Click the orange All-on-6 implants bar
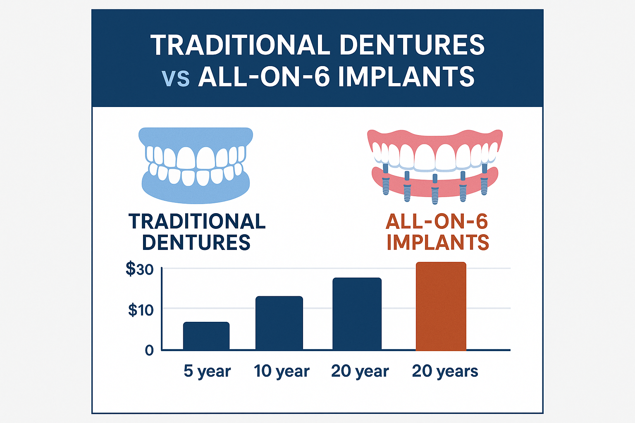(x=441, y=306)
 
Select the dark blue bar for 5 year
(x=206, y=336)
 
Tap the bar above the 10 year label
(x=279, y=323)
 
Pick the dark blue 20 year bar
(x=357, y=314)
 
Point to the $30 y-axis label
(x=139, y=269)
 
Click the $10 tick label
(x=141, y=310)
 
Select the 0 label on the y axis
(x=149, y=350)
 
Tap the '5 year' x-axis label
(x=207, y=371)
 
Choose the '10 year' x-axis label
(x=282, y=371)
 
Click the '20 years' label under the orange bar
(x=445, y=371)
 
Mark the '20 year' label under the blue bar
(x=360, y=371)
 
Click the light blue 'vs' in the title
(x=176, y=77)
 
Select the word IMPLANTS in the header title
(x=406, y=76)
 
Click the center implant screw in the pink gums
(x=434, y=190)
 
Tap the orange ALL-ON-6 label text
(x=437, y=222)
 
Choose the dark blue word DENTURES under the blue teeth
(x=196, y=242)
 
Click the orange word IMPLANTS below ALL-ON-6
(x=438, y=242)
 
